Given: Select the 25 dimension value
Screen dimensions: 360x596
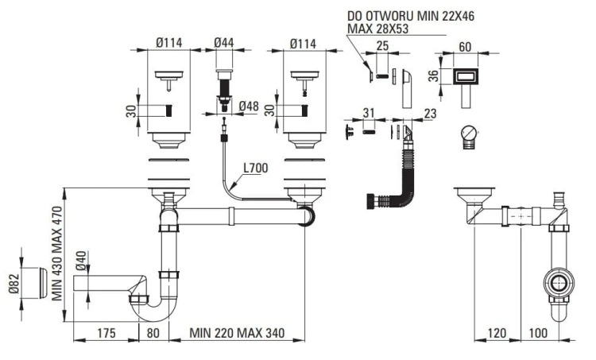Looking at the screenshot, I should coord(382,47).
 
